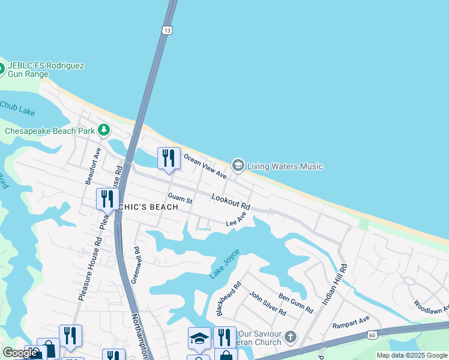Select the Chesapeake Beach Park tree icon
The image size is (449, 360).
104,130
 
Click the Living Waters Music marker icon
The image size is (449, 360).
238,166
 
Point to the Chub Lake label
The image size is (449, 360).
17,108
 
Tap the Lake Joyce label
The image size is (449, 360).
224,264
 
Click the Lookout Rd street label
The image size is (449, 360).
231,201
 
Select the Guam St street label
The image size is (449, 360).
180,198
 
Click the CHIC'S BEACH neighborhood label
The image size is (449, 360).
148,207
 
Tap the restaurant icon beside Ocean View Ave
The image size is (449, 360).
169,158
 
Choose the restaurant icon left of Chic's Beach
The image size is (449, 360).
107,199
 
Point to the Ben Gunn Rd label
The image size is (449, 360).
296,303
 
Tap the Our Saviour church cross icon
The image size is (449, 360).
291,337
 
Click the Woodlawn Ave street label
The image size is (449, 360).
430,307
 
